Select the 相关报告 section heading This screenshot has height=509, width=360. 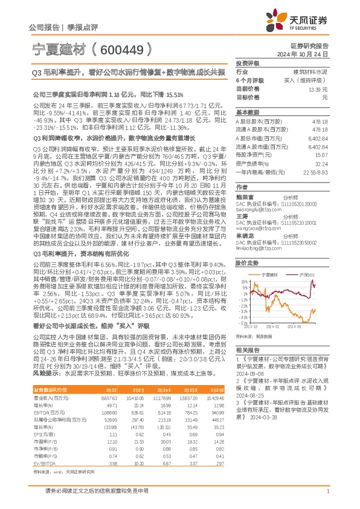(248, 351)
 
